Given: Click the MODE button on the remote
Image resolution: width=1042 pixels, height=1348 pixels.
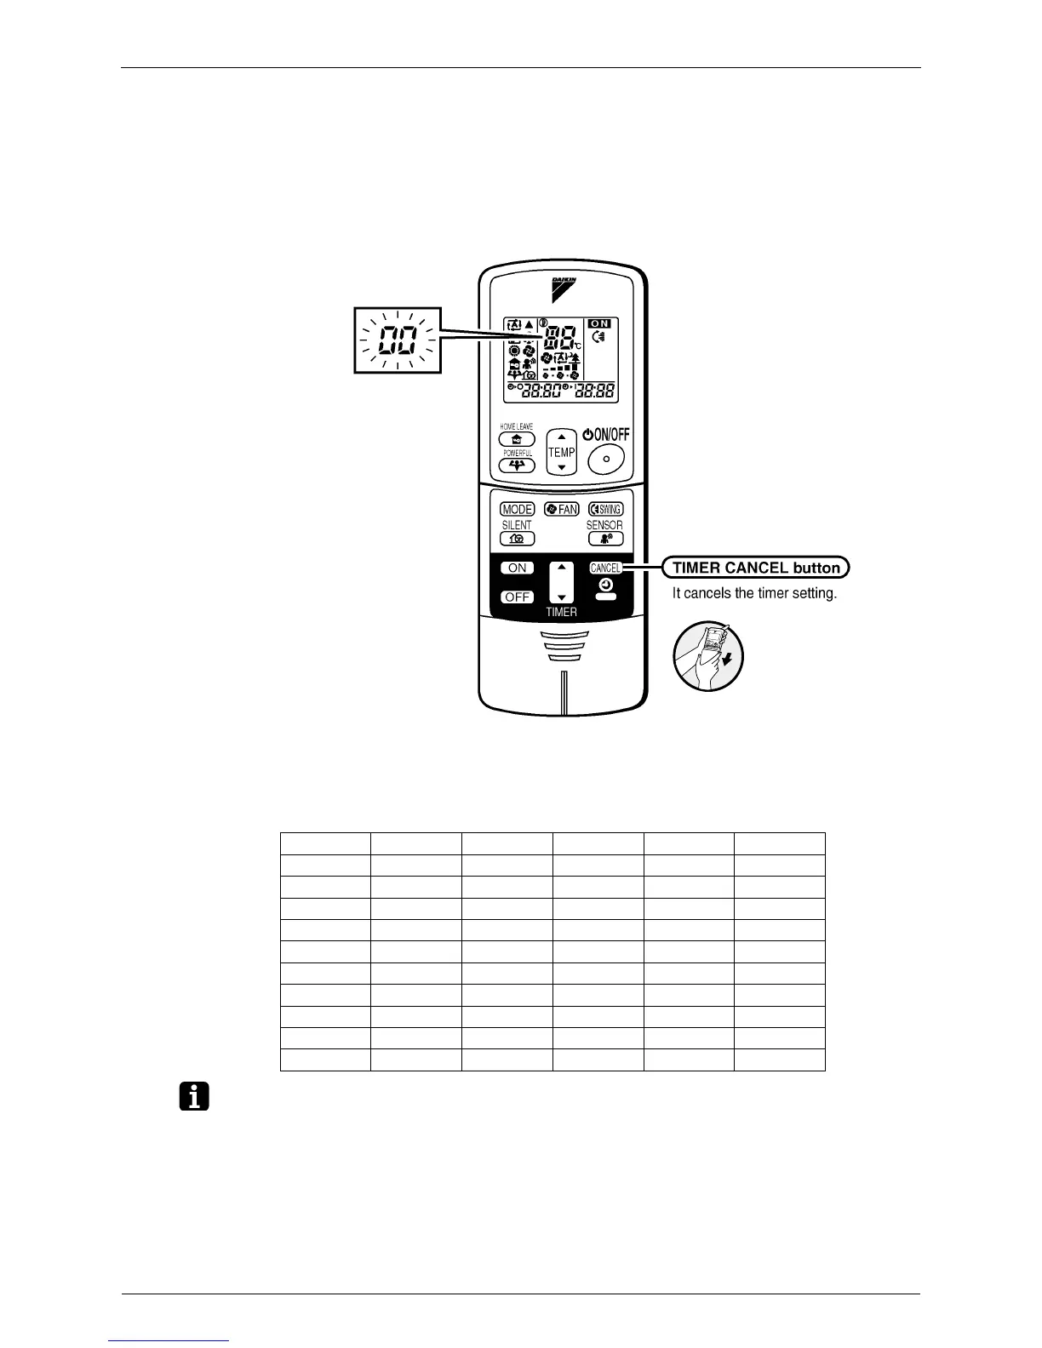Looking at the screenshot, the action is (x=517, y=510).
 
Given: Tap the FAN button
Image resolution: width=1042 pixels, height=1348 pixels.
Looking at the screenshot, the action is (x=562, y=510).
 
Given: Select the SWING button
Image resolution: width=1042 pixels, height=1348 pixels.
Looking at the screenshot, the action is (x=605, y=510).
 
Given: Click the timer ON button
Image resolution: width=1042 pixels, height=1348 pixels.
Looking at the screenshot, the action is (x=518, y=568).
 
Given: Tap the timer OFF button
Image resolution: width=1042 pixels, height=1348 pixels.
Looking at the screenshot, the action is (x=518, y=597).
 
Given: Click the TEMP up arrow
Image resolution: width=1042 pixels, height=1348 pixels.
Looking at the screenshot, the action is (x=562, y=437).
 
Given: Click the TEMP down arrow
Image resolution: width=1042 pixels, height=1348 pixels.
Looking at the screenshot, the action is (x=562, y=467).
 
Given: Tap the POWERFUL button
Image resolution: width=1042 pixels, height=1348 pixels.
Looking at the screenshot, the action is (x=517, y=466).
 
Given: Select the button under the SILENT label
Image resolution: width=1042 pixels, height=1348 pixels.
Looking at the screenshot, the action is (x=517, y=539).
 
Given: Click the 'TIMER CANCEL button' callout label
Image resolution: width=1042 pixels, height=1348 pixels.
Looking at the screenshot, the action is (x=756, y=568).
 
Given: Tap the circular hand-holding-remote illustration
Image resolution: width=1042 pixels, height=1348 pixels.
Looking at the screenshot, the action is (x=708, y=655).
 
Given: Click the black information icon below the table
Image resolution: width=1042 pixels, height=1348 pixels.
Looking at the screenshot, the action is (x=195, y=1097).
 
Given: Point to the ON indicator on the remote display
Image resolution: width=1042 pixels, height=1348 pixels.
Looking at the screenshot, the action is (x=600, y=324).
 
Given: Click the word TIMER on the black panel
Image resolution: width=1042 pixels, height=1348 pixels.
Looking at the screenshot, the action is (x=562, y=612).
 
